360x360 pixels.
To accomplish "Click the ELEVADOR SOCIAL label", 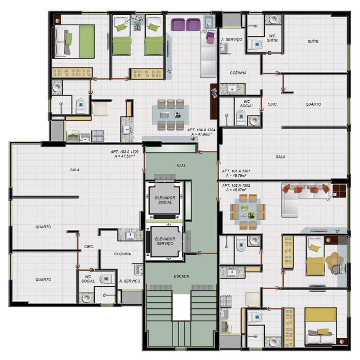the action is pos(165,200).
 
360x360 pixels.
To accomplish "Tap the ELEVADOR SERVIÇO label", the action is pos(165,241).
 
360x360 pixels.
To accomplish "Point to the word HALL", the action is pos(181,166).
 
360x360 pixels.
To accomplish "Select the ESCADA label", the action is pos(181,276).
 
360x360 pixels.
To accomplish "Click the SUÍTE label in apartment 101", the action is pos(313,42).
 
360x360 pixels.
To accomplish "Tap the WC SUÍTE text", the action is pos(272,38).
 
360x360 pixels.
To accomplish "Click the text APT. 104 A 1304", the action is pos(201,130).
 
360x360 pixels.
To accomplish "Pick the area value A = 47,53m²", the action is pos(125,156).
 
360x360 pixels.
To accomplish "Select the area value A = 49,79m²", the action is pos(236,175).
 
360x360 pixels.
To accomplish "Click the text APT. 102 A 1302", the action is pos(236,185).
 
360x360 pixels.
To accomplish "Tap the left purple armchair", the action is pos(178,25).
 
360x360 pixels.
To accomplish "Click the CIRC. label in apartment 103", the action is pos(89,247).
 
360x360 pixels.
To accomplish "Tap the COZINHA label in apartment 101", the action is pos(238,73).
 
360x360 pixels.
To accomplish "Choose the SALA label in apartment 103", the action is pos(74,170).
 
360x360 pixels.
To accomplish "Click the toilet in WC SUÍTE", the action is pos(256,45).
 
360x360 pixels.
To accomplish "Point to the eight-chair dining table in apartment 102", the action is pos(248,212).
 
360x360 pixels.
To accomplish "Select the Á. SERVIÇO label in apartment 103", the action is pos(130,281).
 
